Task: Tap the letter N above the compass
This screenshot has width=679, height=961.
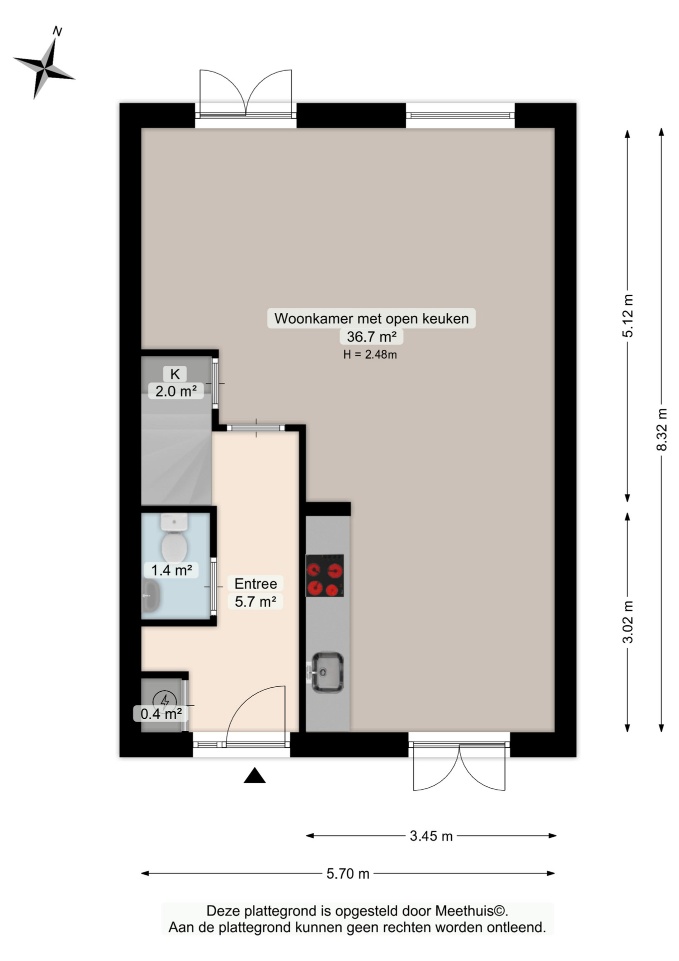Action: [57, 32]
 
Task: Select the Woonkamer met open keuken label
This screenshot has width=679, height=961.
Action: [371, 318]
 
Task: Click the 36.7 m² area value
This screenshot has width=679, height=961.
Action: [371, 336]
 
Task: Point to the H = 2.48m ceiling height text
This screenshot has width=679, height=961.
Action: [370, 355]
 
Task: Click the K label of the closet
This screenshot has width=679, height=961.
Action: [175, 374]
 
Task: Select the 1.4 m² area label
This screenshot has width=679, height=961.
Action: [171, 570]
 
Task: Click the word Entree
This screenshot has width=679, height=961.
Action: [255, 584]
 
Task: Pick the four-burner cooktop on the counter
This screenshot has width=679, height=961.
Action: [324, 575]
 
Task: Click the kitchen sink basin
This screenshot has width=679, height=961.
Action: [327, 672]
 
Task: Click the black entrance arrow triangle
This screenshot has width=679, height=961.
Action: [254, 776]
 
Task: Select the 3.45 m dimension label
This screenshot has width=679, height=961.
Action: [431, 836]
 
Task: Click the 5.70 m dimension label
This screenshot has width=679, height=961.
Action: [347, 873]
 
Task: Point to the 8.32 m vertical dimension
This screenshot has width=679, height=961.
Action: [661, 429]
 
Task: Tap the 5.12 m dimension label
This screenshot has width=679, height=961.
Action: [627, 315]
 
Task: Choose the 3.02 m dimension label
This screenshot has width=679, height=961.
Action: [627, 622]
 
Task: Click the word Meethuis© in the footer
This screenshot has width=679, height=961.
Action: [471, 911]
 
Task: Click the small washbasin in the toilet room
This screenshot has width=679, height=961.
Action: [150, 596]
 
